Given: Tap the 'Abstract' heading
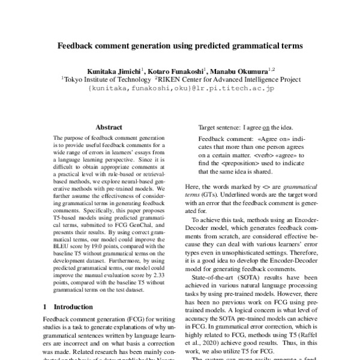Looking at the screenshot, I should (x=109, y=127).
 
